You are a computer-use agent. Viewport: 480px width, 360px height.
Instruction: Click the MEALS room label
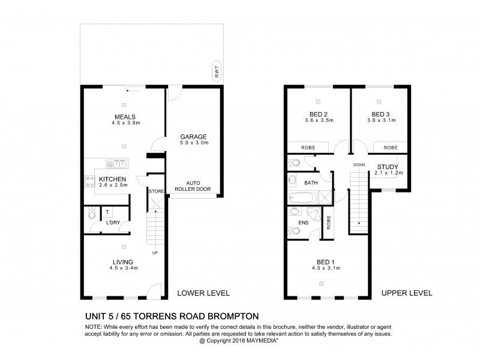click(125, 117)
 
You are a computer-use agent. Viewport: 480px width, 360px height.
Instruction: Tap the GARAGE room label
click(193, 136)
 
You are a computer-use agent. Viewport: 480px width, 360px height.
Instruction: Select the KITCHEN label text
click(112, 179)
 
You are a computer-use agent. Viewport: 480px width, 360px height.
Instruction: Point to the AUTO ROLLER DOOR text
click(193, 185)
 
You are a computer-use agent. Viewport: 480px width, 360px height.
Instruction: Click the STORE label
click(156, 191)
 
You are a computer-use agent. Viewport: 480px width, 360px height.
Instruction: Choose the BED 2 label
click(318, 114)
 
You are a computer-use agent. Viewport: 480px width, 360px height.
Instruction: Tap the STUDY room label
click(388, 166)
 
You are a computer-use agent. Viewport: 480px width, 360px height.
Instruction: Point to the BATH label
click(311, 182)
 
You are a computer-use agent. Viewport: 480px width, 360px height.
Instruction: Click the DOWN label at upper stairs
click(359, 164)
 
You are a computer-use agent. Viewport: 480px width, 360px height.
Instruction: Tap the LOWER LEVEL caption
click(203, 293)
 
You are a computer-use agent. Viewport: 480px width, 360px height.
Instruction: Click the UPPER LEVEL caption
click(407, 293)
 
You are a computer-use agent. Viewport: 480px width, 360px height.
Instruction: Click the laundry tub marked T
click(107, 212)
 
